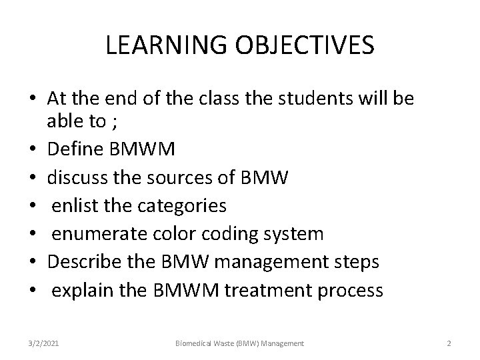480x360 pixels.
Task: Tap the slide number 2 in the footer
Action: click(x=449, y=343)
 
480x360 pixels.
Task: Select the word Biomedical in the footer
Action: click(x=195, y=343)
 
